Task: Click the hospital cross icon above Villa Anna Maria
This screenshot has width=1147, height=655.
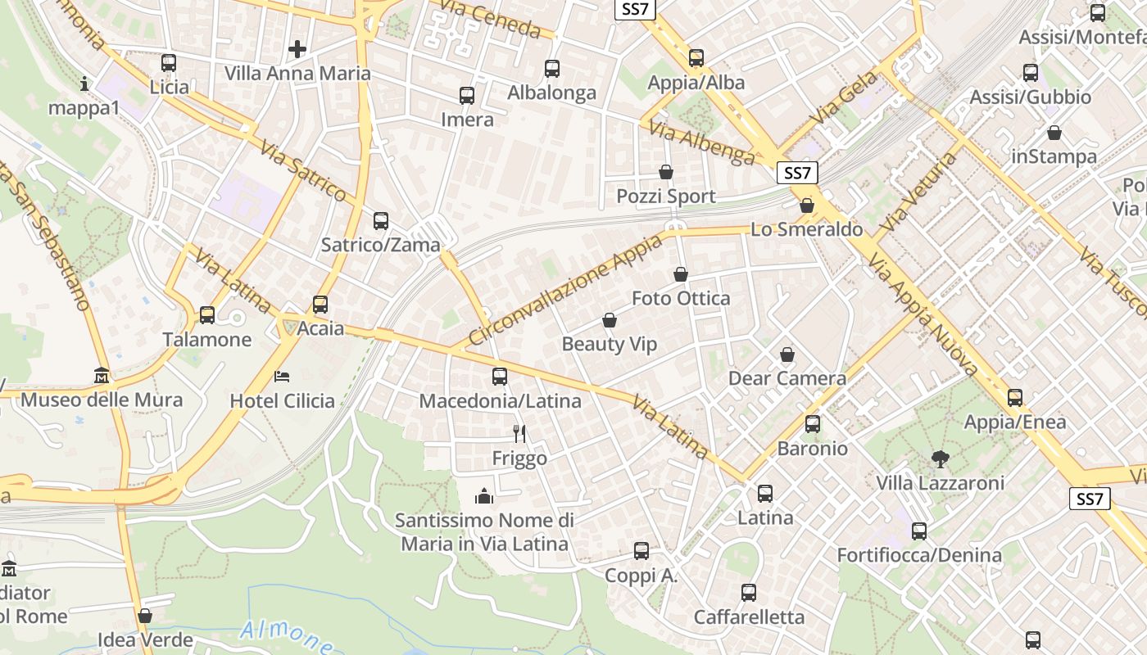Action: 297,49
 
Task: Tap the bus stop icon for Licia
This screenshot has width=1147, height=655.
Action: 169,62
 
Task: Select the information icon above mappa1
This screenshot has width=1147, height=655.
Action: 84,84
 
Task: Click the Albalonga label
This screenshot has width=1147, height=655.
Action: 551,93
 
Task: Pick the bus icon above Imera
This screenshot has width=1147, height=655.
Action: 467,96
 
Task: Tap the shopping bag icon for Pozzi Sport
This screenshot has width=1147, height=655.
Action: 666,172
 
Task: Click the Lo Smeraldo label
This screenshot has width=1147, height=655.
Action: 806,230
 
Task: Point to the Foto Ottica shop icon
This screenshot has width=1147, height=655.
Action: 681,274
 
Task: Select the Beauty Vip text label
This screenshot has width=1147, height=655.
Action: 609,345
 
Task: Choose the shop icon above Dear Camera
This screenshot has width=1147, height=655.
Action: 787,355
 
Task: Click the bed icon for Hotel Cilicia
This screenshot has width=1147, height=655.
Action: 282,377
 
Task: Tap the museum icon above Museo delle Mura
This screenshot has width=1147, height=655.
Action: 101,375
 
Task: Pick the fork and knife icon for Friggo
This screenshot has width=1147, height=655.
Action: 519,433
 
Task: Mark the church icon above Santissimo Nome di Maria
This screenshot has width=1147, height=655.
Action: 484,496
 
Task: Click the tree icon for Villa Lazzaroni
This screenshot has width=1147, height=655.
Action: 940,459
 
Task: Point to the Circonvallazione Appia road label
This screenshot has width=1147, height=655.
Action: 565,290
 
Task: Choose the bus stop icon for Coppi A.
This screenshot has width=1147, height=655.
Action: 642,551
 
